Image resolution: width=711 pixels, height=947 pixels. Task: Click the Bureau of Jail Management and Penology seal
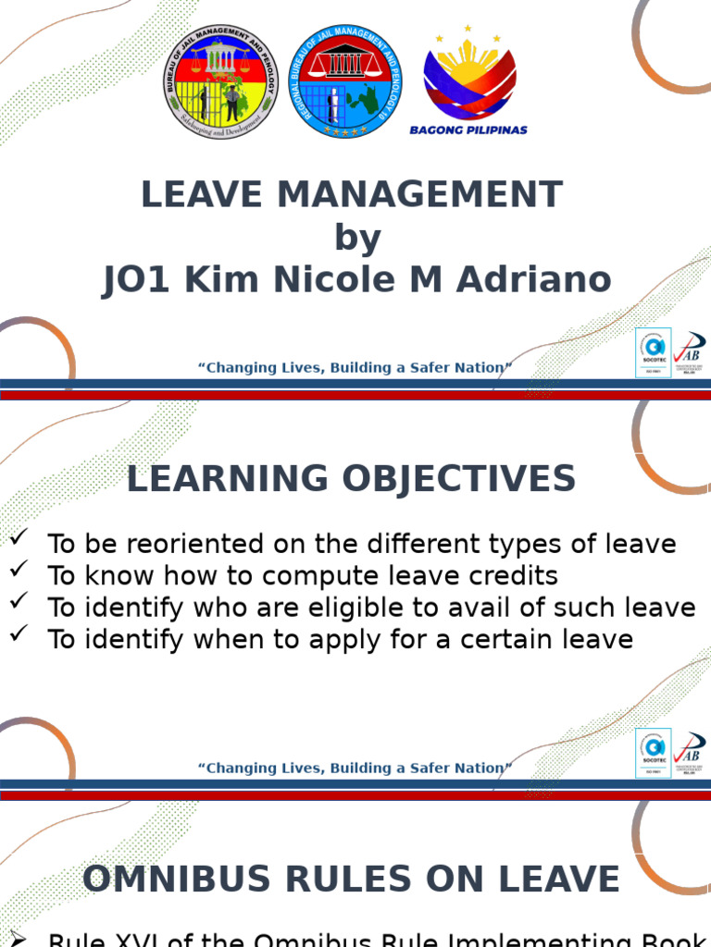tap(220, 81)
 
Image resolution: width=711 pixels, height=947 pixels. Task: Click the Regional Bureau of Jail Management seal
tap(346, 81)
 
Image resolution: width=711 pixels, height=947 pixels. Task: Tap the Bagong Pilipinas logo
tap(468, 83)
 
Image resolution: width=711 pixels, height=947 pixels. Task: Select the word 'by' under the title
tap(357, 238)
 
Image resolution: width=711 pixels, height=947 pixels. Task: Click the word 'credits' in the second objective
tap(516, 576)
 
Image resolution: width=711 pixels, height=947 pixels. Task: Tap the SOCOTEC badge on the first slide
tap(653, 353)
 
